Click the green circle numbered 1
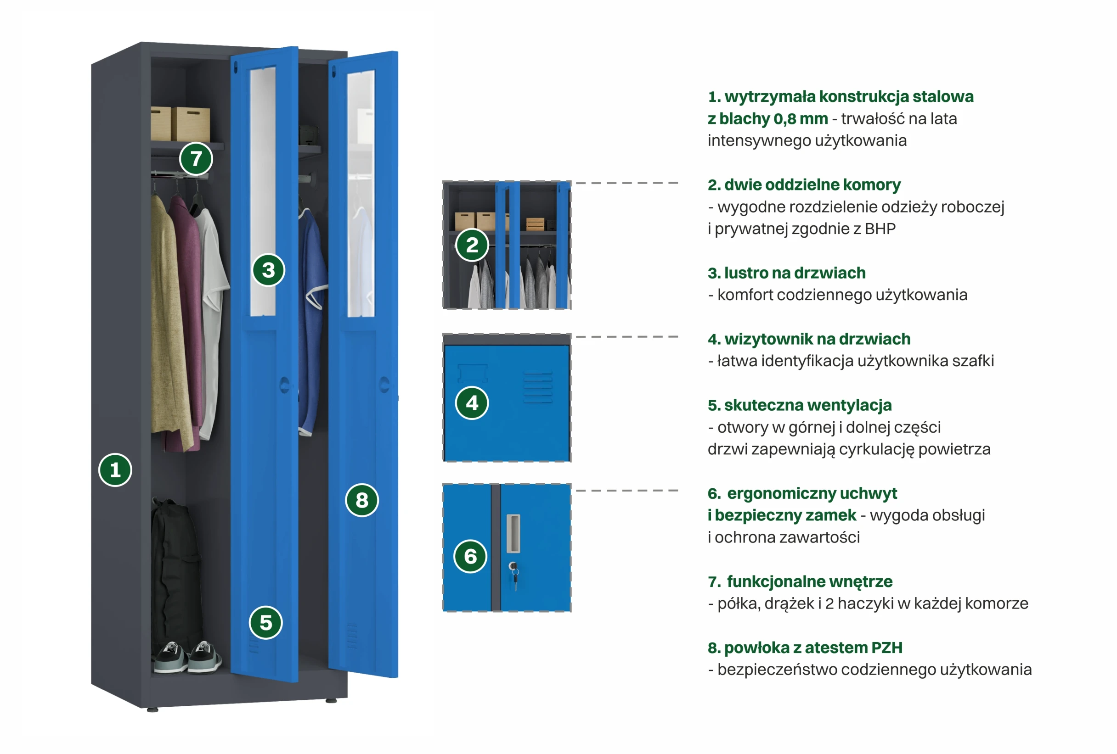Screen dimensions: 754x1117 click(x=115, y=469)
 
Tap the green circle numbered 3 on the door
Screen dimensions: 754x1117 click(x=268, y=270)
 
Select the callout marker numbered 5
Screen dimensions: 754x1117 click(x=265, y=622)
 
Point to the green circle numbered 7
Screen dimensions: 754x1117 click(x=196, y=158)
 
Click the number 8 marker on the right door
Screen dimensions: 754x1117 click(x=361, y=500)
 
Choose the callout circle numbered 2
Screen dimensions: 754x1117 click(x=472, y=245)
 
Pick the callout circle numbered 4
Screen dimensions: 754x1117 click(x=472, y=403)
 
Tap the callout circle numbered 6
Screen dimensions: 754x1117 click(x=470, y=556)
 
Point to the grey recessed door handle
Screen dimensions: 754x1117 click(x=513, y=533)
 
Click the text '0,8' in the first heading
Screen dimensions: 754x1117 click(x=784, y=118)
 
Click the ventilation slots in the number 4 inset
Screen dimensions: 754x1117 click(x=538, y=387)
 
